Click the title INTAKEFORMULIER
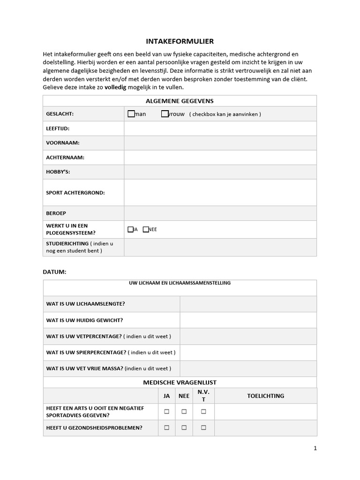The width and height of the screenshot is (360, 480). click(x=180, y=41)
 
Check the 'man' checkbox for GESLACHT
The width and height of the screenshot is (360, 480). click(x=131, y=114)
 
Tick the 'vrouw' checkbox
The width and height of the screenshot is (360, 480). click(x=165, y=114)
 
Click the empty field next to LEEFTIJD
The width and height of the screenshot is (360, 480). click(x=220, y=128)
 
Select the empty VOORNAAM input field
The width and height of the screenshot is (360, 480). click(x=220, y=143)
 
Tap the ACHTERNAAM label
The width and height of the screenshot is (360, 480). click(x=65, y=157)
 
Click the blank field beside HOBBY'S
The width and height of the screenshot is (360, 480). click(x=220, y=172)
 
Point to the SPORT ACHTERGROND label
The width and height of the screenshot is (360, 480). click(x=75, y=193)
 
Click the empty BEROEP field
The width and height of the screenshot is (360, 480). click(x=220, y=213)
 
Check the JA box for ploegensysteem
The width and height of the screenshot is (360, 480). click(x=130, y=229)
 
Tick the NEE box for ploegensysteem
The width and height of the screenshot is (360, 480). click(x=146, y=229)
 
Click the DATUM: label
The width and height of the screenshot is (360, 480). click(x=54, y=272)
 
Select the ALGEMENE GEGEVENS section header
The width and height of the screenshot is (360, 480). click(x=180, y=101)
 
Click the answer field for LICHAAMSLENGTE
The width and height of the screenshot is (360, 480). click(x=248, y=304)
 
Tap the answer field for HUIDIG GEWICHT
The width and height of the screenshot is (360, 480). click(x=248, y=320)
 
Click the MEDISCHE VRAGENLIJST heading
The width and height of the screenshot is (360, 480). click(x=180, y=382)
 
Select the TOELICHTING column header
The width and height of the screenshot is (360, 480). click(x=265, y=396)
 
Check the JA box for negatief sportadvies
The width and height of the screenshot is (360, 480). click(x=166, y=412)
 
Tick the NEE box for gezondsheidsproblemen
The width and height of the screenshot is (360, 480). click(x=184, y=427)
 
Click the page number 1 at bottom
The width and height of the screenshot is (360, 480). click(x=315, y=448)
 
